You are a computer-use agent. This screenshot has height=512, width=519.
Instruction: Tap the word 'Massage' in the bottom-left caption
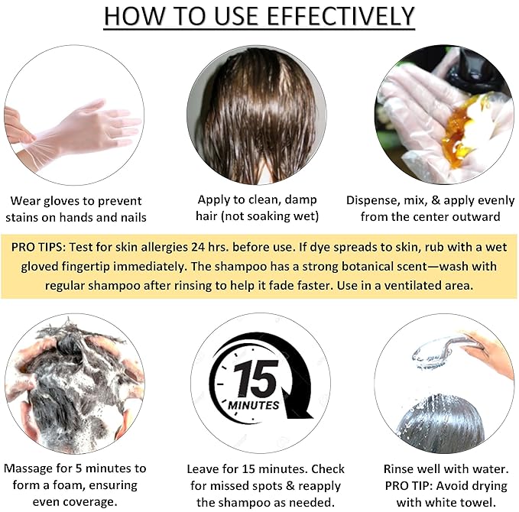[29, 468]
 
